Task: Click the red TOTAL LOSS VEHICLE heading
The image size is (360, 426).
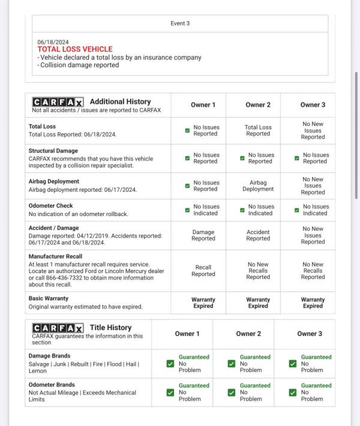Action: pos(74,49)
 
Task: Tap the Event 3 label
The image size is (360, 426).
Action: pos(180,23)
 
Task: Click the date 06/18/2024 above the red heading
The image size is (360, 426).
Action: pos(53,42)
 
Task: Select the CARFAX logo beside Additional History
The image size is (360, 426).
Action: pos(58,102)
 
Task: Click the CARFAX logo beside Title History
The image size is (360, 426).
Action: pos(58,328)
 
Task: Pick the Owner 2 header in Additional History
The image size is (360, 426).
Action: pos(258,105)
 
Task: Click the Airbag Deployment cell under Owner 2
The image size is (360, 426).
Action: pos(258,185)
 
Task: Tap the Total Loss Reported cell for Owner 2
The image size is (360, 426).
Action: pos(258,130)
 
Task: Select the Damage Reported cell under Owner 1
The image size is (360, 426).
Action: pos(203,235)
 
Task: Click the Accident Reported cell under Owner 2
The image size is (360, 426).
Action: pos(258,235)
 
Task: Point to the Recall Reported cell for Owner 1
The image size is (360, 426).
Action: pos(203,271)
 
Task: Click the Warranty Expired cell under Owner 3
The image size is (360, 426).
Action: pos(313,302)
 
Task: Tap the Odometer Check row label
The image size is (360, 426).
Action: pos(51,206)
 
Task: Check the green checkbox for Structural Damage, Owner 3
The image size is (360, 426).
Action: pos(297,158)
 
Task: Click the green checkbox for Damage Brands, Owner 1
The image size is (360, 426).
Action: pos(171,363)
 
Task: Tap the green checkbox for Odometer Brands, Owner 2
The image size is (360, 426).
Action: pos(232,392)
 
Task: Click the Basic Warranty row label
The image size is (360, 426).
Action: pos(49,298)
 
